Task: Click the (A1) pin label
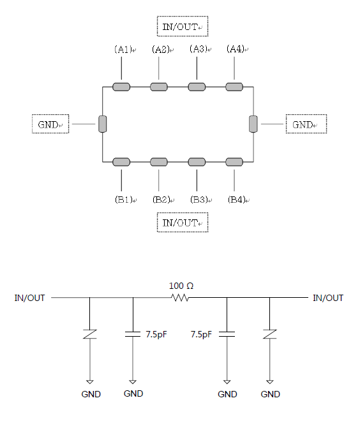tap(123, 49)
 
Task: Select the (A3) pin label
tap(199, 49)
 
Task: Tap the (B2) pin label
tap(161, 200)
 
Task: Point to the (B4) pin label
tap(237, 200)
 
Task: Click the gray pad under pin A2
tap(159, 87)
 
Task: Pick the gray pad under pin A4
tap(234, 87)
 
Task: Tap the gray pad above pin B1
tap(121, 162)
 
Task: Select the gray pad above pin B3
tap(197, 162)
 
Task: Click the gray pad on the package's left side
tap(103, 124)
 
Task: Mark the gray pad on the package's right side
tap(253, 124)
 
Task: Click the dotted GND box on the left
tap(50, 124)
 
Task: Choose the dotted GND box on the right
tap(306, 124)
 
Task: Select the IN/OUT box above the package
tap(183, 26)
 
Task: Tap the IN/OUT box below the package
tap(183, 223)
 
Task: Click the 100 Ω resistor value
tap(181, 286)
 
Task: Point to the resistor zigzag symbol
tap(180, 298)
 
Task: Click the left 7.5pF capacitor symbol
tap(133, 334)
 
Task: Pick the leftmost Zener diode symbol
tap(90, 334)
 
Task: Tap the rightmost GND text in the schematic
tap(270, 394)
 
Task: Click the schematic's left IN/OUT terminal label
tap(29, 298)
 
